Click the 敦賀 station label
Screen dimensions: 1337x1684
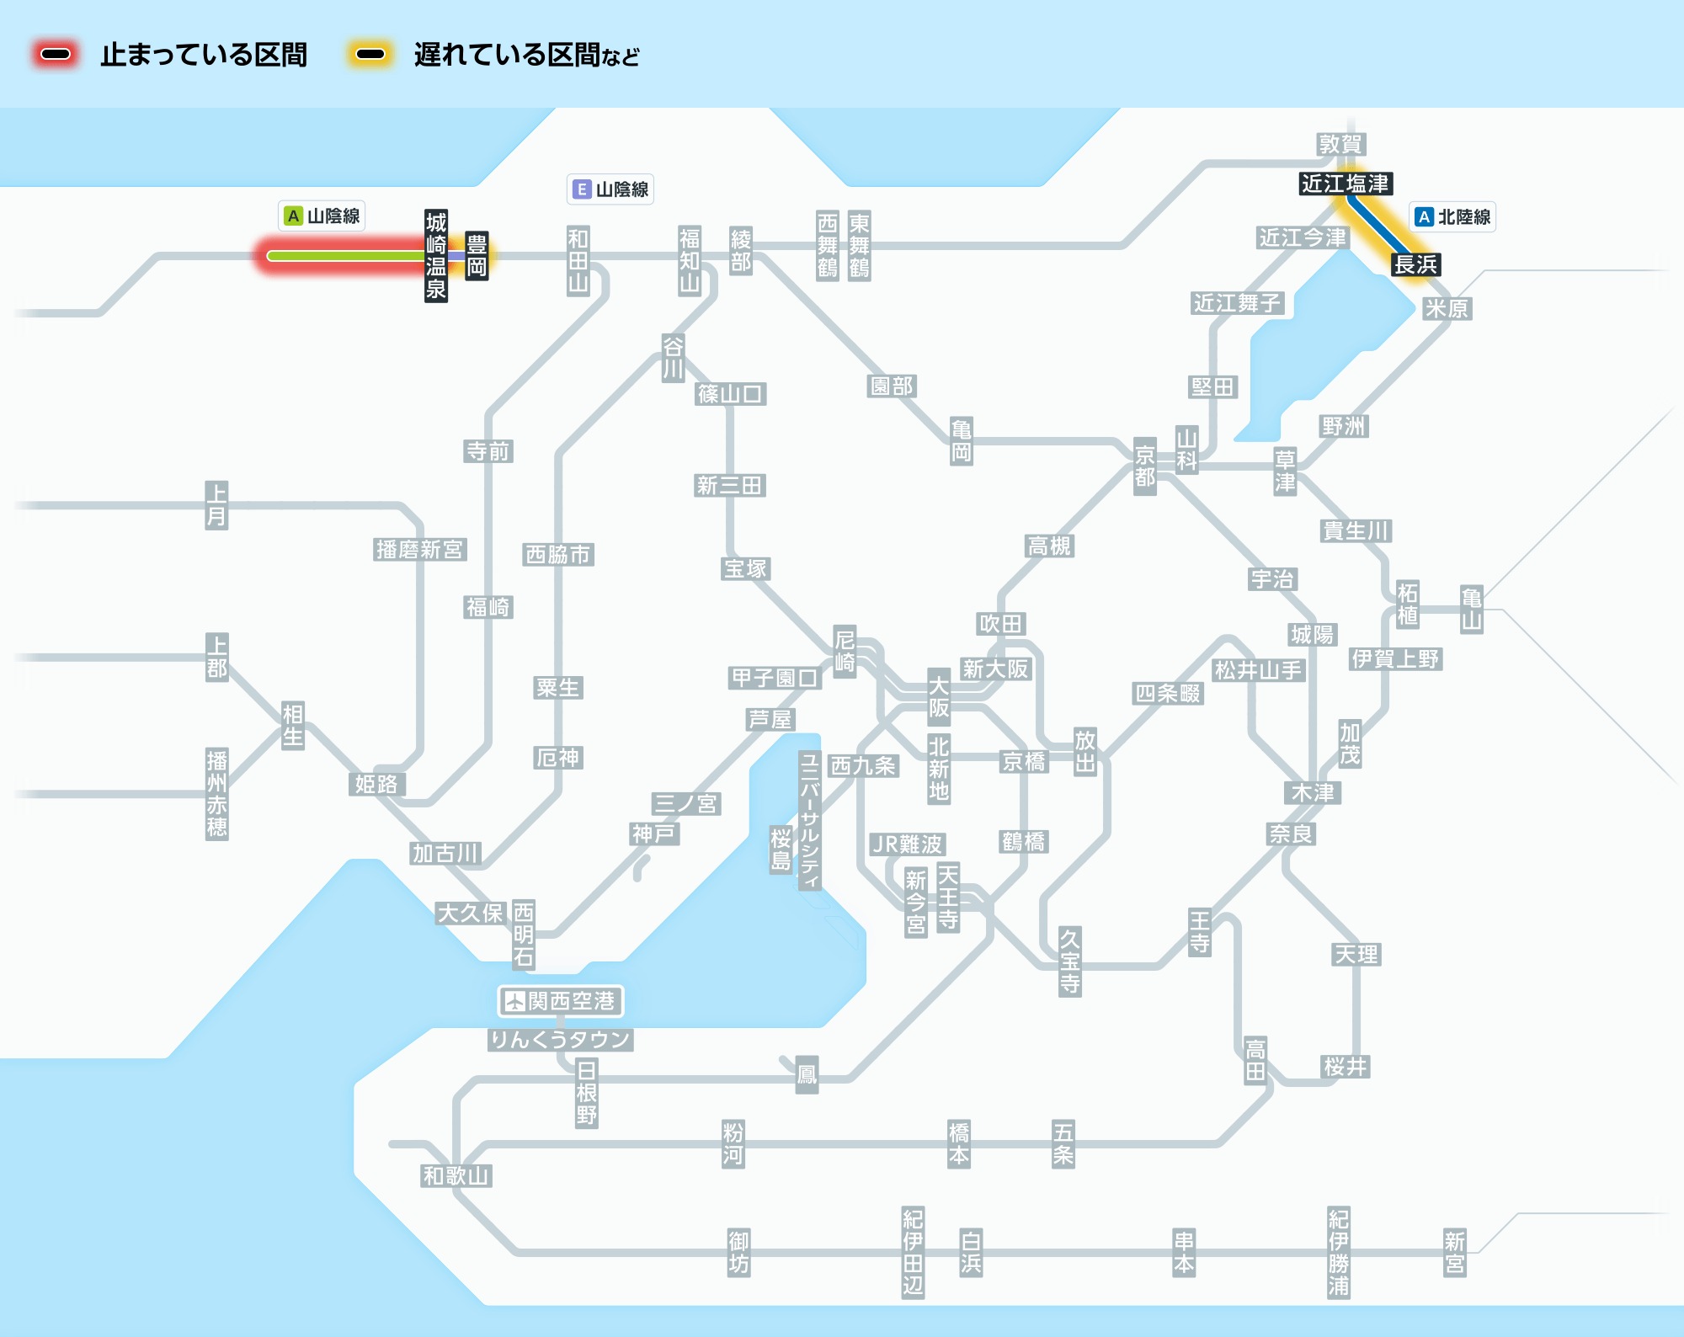[x=1340, y=145]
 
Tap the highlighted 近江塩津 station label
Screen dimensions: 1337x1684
[x=1345, y=184]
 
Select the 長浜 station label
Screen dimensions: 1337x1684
[x=1415, y=264]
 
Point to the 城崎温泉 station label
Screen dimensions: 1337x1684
[x=435, y=256]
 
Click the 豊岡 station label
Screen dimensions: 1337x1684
[x=477, y=256]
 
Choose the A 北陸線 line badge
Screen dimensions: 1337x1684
[x=1453, y=217]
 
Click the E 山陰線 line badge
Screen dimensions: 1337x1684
[x=610, y=189]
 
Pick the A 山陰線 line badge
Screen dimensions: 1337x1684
[x=322, y=216]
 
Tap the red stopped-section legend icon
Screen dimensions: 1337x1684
[x=56, y=55]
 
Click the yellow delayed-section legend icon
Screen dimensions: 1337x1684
[x=370, y=55]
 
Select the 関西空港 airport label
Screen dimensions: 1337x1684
[x=561, y=1001]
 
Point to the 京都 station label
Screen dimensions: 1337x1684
[x=1144, y=466]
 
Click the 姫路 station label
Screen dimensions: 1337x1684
[x=376, y=785]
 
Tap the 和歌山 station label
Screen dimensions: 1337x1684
[x=456, y=1176]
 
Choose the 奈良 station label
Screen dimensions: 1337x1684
[x=1291, y=834]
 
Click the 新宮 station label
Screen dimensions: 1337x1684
[x=1454, y=1252]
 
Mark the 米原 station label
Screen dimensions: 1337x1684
[x=1447, y=309]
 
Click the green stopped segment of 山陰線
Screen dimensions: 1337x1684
[x=345, y=256]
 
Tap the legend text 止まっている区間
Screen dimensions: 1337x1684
[x=204, y=56]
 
